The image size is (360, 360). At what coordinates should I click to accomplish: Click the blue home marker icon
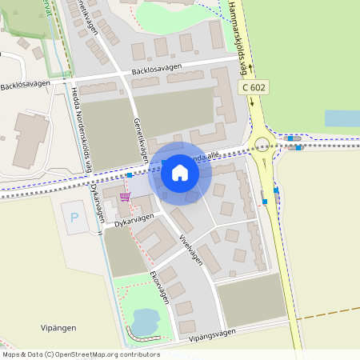click(180, 171)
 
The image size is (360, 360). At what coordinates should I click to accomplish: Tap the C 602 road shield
click(253, 87)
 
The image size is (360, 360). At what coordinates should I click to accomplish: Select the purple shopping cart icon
click(124, 197)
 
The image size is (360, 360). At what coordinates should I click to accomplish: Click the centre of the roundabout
click(262, 145)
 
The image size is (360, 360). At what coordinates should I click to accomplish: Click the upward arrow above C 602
click(250, 70)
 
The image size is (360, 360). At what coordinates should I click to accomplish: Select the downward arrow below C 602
click(252, 102)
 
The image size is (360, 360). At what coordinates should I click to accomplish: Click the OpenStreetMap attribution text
click(81, 354)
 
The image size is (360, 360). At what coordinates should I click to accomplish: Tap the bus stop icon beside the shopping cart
click(129, 174)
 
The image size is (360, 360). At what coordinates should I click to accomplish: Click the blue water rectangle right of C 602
click(342, 118)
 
